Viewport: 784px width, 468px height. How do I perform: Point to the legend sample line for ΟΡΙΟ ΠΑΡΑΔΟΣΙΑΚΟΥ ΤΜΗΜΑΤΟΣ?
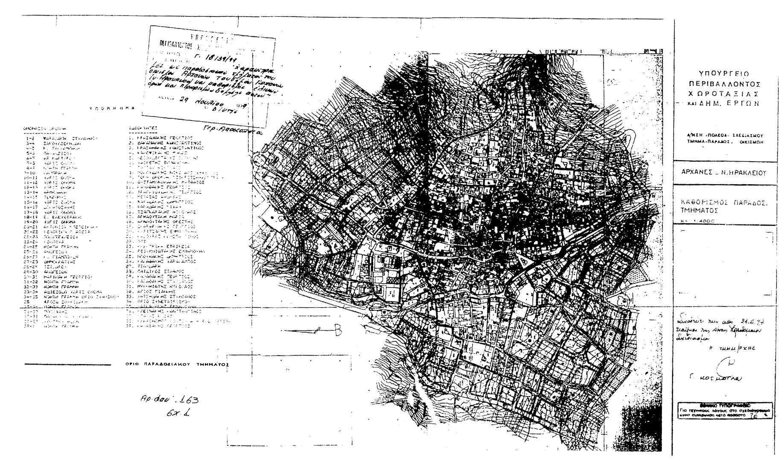[68, 365]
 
